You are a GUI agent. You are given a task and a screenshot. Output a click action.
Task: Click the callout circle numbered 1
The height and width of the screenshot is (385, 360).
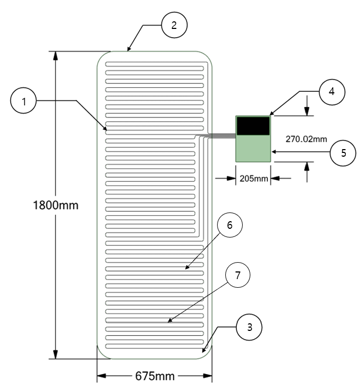(x=23, y=101)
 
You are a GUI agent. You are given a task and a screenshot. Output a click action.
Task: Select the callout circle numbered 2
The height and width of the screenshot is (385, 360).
(x=174, y=25)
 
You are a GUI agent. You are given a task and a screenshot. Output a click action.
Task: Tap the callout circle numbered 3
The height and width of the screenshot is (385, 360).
(x=249, y=328)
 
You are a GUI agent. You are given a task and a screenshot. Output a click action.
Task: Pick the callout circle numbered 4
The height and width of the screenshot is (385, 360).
(x=331, y=92)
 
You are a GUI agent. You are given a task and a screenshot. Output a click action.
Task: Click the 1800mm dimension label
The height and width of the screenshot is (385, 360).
(x=57, y=206)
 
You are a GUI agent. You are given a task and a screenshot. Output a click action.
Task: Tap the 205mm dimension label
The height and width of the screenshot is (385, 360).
(x=253, y=178)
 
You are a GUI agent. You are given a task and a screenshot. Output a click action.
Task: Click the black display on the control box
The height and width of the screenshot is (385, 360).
(x=253, y=126)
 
